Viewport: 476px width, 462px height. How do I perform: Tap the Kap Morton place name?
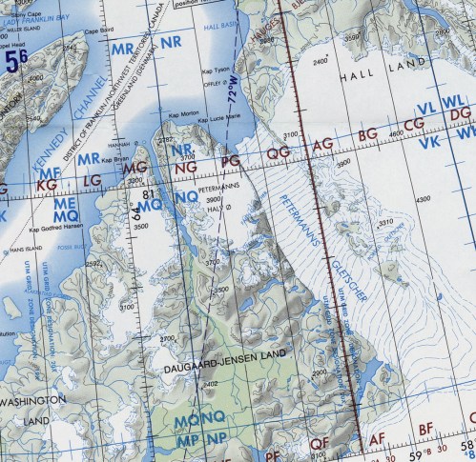coord(184,112)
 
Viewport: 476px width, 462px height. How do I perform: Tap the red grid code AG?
coord(323,144)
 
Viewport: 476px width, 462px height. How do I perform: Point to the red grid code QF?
coord(319,441)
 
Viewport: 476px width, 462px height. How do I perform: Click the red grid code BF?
coord(426,428)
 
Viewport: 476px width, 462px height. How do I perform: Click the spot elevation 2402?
coord(212,383)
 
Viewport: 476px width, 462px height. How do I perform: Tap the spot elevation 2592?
coord(92,264)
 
